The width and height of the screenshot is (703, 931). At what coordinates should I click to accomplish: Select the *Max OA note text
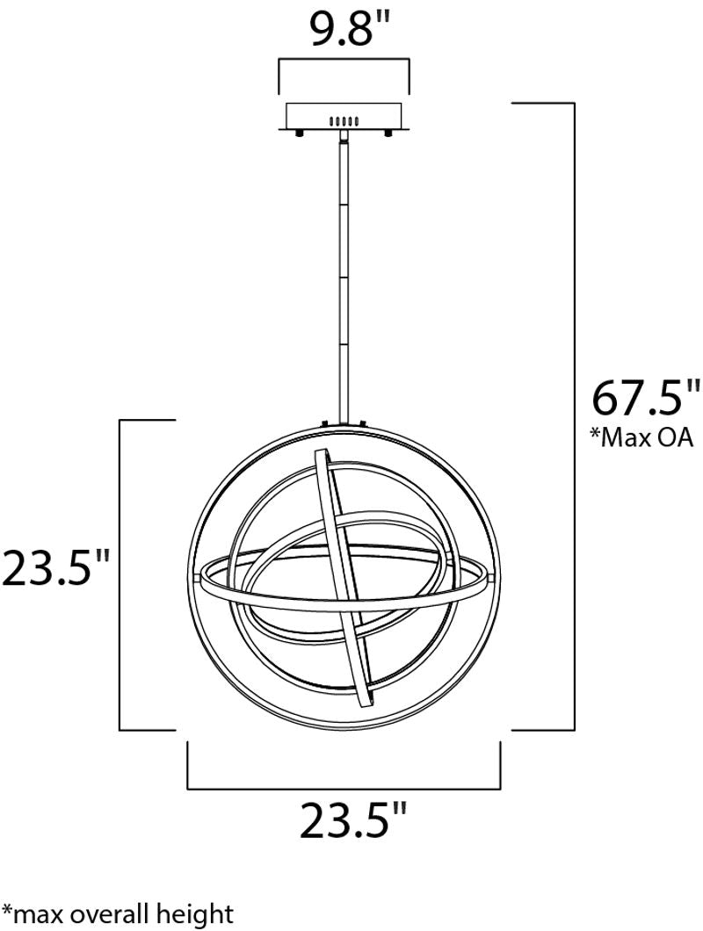(x=641, y=437)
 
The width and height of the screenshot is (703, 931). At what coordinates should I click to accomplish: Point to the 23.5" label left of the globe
(x=56, y=567)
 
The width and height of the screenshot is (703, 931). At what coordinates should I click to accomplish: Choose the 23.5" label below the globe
(x=352, y=820)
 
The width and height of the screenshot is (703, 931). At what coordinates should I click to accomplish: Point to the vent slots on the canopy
(x=344, y=120)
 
